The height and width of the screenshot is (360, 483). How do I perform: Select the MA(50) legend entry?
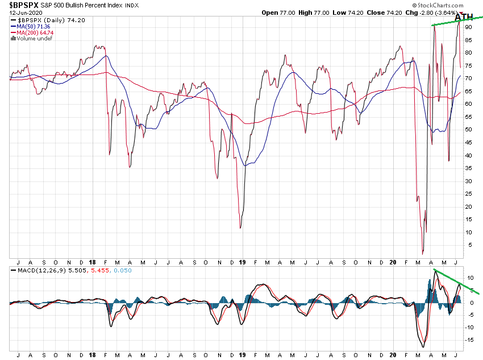coord(33,26)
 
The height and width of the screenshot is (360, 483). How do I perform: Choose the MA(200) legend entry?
coord(35,32)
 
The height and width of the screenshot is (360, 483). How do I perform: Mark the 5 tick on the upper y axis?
coord(468,245)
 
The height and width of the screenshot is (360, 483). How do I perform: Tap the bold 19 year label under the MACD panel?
coord(242,355)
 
